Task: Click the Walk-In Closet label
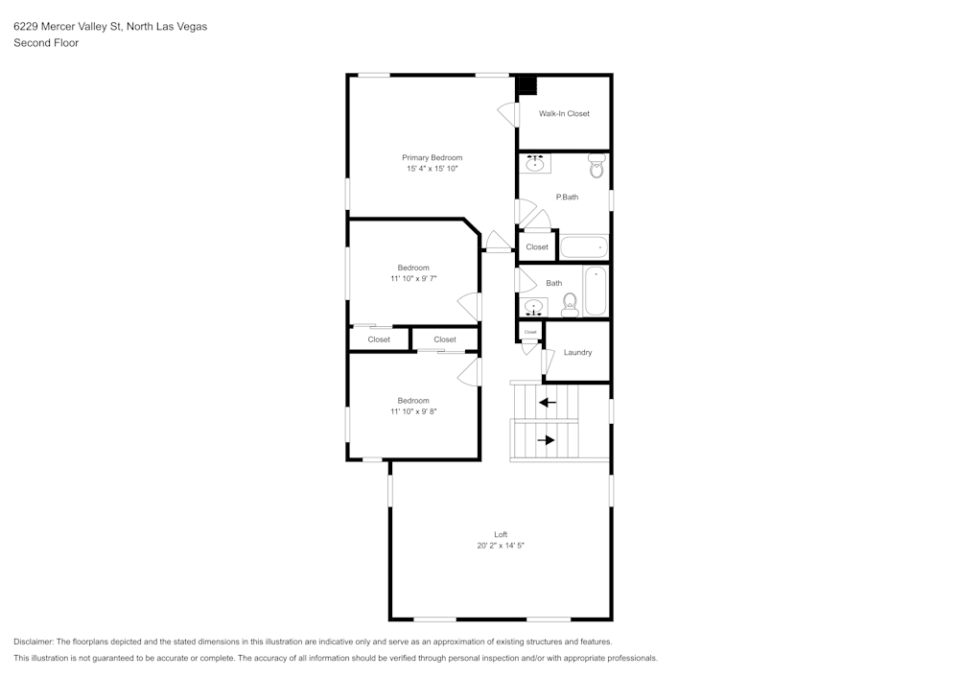pos(564,113)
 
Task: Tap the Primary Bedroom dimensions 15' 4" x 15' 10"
pos(432,169)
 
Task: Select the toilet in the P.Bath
pos(596,168)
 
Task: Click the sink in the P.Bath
pos(535,164)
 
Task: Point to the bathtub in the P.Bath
pos(583,247)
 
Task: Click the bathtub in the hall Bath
pos(596,292)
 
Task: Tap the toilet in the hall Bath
pos(569,304)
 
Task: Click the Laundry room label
pos(577,352)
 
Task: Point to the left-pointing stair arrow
pos(548,402)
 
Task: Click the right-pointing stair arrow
pos(546,440)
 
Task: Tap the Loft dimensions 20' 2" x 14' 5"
pos(501,545)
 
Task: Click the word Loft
pos(501,534)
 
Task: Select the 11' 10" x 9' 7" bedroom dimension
pos(413,278)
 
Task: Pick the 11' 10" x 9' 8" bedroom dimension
pos(413,411)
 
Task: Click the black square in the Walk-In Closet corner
pos(527,84)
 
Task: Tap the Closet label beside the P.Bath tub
pos(537,246)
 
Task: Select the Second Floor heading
pos(46,43)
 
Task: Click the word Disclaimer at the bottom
pos(34,642)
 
